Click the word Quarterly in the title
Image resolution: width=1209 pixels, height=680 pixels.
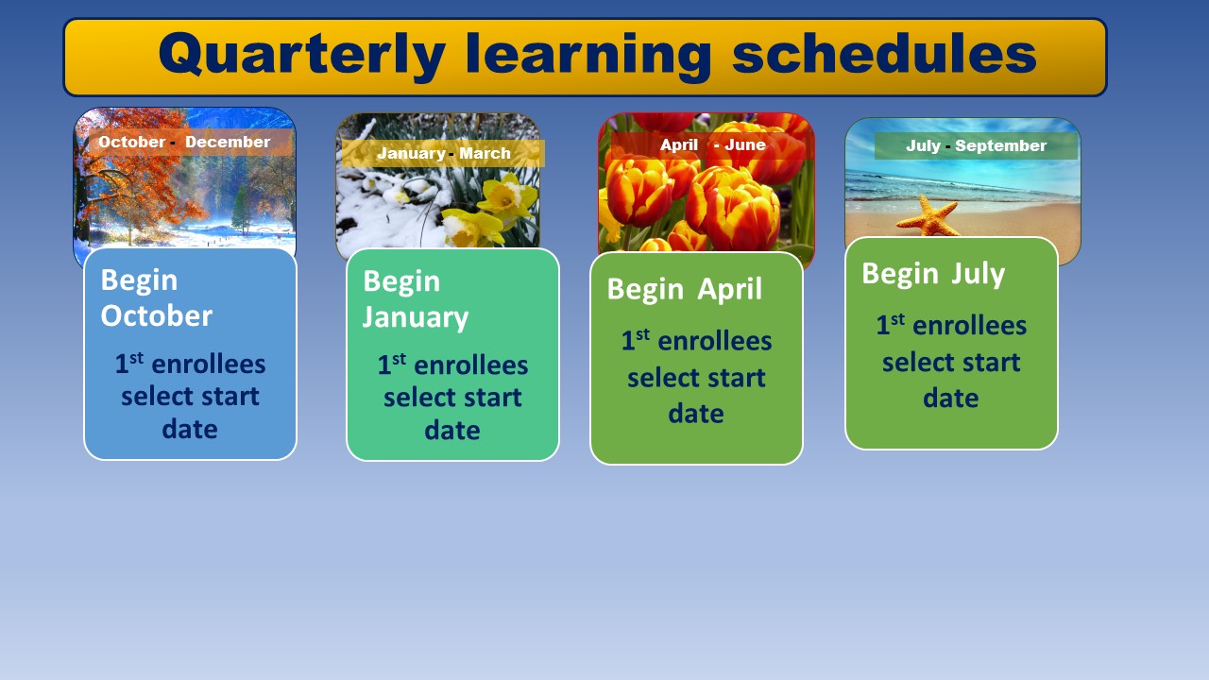pos(301,57)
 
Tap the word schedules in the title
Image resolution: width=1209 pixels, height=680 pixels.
pos(884,53)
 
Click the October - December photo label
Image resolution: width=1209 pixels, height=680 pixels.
pos(184,142)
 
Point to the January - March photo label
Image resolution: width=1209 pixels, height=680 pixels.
pos(444,153)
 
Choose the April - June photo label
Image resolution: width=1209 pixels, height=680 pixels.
pos(712,144)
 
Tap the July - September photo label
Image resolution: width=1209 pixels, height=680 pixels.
pos(976,145)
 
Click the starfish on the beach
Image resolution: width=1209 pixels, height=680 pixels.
pos(928,217)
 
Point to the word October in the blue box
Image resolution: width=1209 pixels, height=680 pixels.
pos(157,315)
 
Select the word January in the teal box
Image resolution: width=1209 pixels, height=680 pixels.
pos(416,317)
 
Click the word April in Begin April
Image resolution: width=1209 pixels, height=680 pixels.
pos(729,290)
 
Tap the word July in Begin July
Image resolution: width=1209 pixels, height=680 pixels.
pos(978,274)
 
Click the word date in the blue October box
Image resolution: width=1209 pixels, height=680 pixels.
pos(190,429)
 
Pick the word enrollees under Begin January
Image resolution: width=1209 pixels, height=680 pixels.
pos(471,365)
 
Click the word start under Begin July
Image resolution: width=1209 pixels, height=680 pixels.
pos(991,362)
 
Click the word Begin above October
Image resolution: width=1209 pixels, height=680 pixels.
pos(139,280)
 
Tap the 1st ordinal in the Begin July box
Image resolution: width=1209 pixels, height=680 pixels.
pos(890,324)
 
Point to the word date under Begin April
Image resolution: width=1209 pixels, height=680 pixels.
pos(696,414)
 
